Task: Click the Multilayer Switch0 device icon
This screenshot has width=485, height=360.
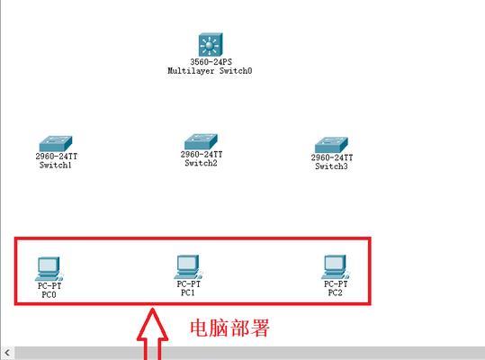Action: click(x=210, y=44)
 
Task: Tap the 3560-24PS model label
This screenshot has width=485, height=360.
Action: click(x=211, y=61)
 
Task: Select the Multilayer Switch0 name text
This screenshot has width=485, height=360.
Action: click(x=210, y=70)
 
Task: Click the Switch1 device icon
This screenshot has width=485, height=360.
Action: click(x=56, y=144)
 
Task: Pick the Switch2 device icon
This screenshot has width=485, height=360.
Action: click(x=201, y=141)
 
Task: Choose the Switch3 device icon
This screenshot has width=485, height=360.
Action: click(x=331, y=145)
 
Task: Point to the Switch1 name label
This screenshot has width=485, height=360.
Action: click(x=56, y=166)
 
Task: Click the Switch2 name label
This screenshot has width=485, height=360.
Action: click(x=201, y=163)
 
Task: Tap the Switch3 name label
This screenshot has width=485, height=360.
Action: click(x=331, y=166)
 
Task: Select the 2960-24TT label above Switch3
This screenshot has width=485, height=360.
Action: click(x=331, y=157)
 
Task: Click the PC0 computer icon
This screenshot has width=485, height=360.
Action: click(x=49, y=269)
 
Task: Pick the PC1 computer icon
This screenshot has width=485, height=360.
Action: click(x=188, y=267)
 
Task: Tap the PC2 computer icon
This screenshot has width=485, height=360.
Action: click(x=336, y=267)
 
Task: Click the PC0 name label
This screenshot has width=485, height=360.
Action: click(x=49, y=294)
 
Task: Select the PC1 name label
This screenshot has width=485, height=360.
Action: click(x=188, y=292)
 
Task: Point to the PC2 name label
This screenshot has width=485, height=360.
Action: click(x=336, y=292)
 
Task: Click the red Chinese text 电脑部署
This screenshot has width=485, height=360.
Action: click(x=229, y=328)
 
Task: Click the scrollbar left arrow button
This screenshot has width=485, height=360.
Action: click(x=7, y=353)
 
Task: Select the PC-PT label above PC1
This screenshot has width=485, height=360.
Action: click(x=188, y=283)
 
